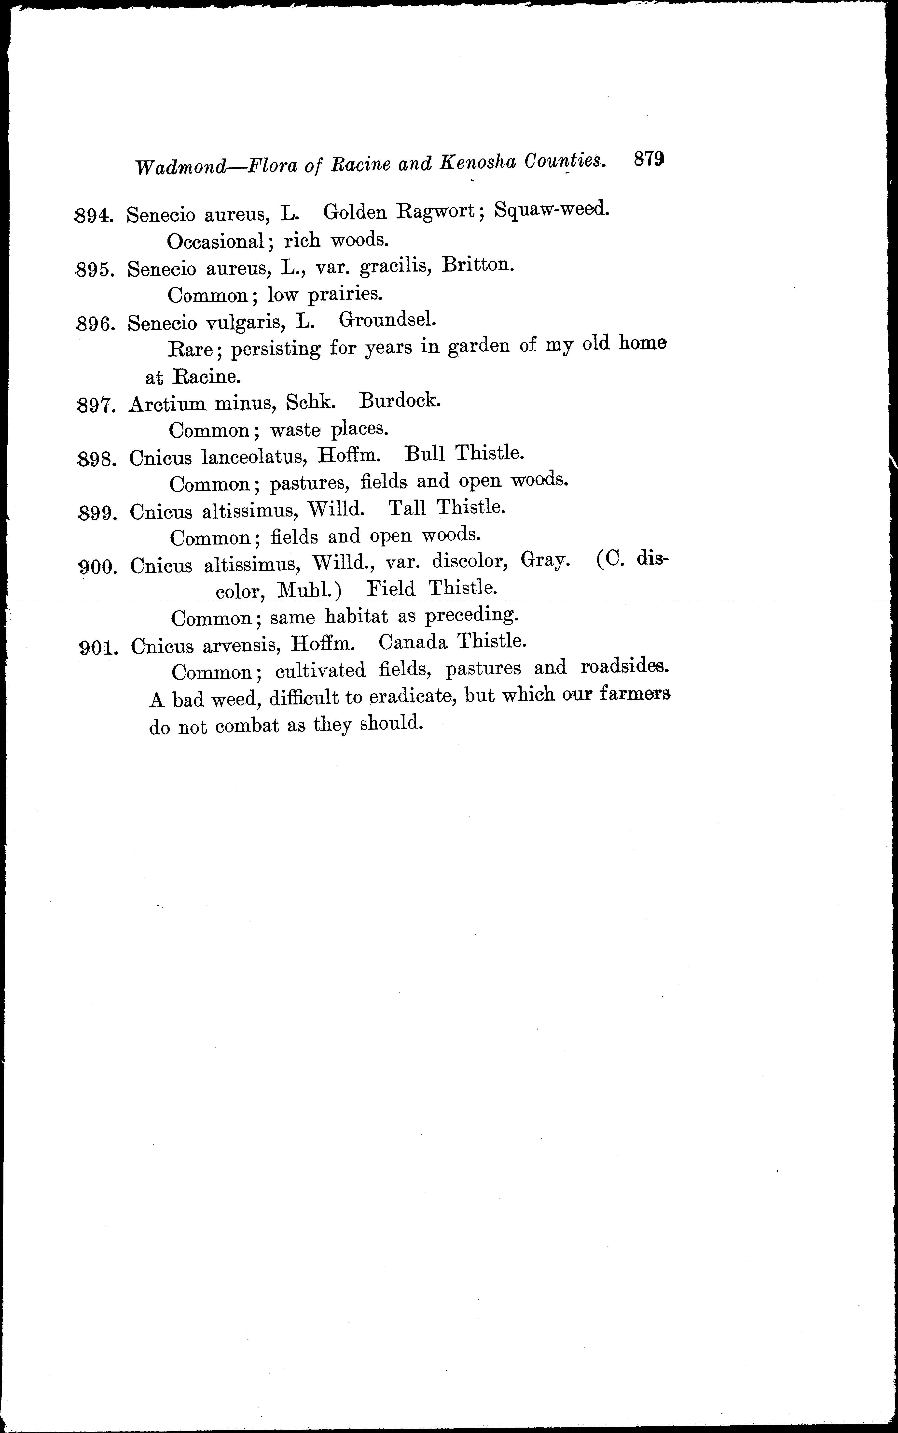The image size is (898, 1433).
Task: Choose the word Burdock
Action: point(400,401)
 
